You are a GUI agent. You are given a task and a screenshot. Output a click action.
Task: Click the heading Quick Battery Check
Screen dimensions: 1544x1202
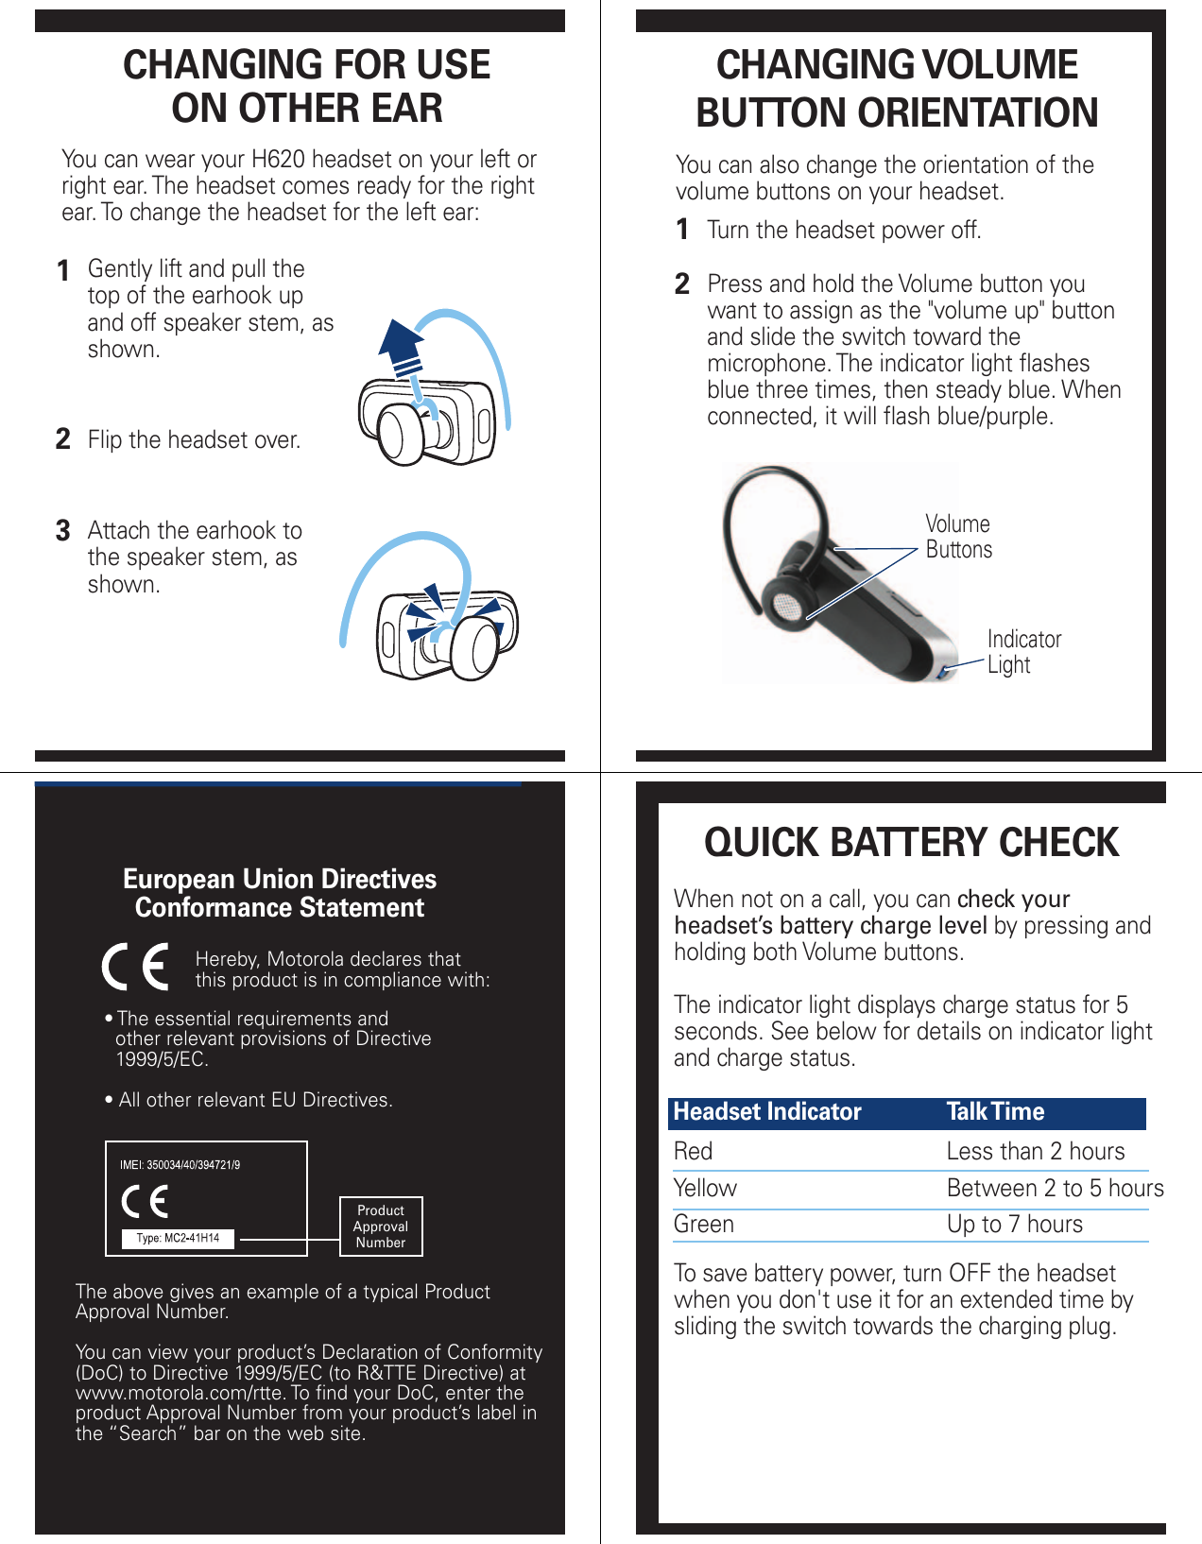pyautogui.click(x=911, y=843)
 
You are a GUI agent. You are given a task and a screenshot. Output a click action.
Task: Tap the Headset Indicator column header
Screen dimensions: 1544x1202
pyautogui.click(x=766, y=1112)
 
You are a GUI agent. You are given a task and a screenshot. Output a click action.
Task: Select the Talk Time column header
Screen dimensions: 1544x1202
pyautogui.click(x=995, y=1112)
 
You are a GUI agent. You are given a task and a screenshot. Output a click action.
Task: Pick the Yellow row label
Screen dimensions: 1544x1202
pyautogui.click(x=705, y=1188)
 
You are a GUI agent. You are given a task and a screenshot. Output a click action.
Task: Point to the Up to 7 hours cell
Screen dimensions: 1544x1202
pyautogui.click(x=1014, y=1224)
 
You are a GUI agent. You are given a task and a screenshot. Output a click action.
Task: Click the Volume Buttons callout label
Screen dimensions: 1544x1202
pyautogui.click(x=958, y=537)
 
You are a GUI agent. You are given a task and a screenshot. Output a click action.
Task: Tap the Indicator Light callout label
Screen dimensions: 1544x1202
pyautogui.click(x=1023, y=652)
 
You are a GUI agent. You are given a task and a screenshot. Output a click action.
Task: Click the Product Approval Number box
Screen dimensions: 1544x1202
pyautogui.click(x=381, y=1227)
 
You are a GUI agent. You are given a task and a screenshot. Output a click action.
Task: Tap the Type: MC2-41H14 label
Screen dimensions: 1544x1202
pyautogui.click(x=178, y=1238)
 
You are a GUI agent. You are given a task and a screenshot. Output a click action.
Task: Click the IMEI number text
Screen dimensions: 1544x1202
pyautogui.click(x=180, y=1165)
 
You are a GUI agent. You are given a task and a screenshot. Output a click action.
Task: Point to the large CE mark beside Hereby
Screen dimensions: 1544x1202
pyautogui.click(x=136, y=967)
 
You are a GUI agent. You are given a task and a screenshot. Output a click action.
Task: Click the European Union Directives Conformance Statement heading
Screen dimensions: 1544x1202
pyautogui.click(x=280, y=893)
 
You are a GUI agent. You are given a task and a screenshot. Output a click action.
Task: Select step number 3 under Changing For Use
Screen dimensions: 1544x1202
pyautogui.click(x=63, y=531)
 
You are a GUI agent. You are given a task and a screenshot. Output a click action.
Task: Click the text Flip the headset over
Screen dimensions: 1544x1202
pyautogui.click(x=194, y=440)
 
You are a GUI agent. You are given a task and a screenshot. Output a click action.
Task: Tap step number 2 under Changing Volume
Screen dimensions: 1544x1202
pyautogui.click(x=682, y=284)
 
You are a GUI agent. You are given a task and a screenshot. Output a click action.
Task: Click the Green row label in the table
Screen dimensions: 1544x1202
pyautogui.click(x=703, y=1224)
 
